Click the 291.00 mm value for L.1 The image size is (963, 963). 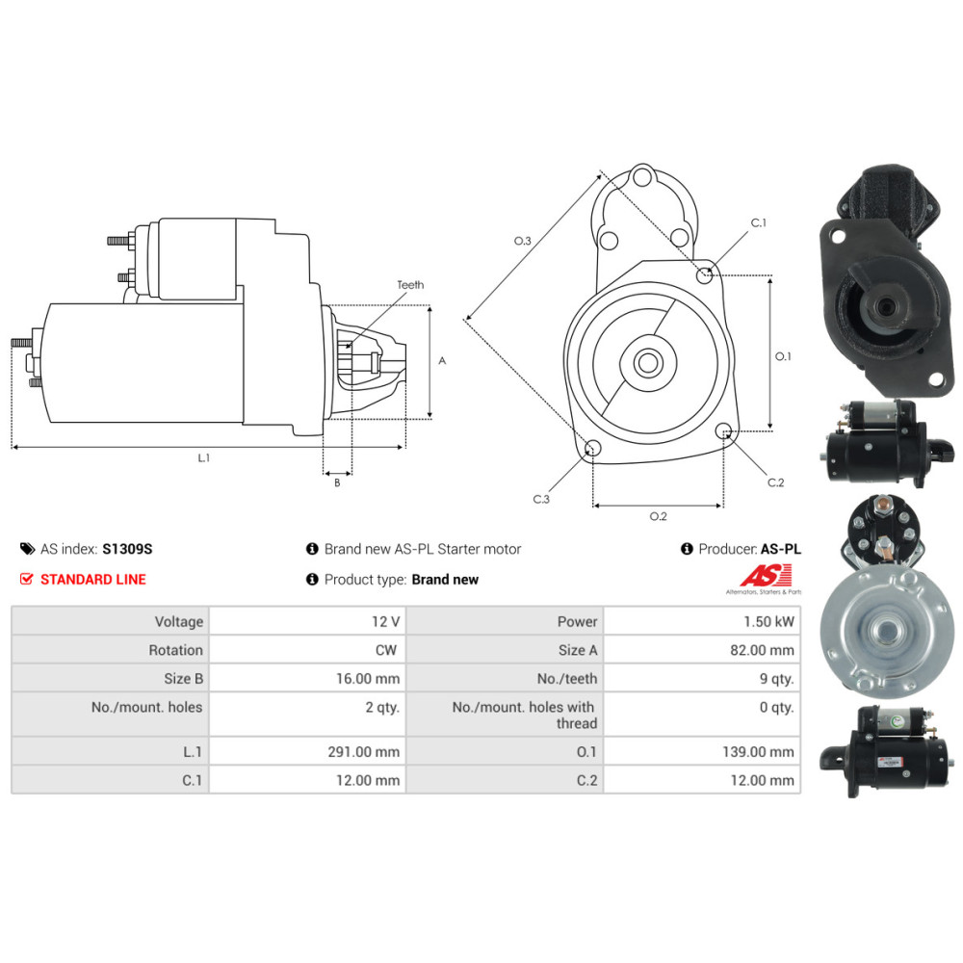[363, 752]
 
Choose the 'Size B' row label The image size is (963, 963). [176, 679]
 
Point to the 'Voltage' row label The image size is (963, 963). [178, 622]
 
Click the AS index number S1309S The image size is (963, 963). [127, 549]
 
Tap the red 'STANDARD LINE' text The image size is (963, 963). [93, 580]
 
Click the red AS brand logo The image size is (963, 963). [766, 576]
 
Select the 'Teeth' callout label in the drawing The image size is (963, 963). [409, 285]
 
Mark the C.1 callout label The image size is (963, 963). [759, 223]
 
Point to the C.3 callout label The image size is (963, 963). [541, 499]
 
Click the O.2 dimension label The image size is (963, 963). [658, 517]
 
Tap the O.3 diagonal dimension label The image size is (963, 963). [523, 241]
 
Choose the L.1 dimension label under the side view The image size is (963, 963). [204, 458]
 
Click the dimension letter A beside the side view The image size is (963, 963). [442, 361]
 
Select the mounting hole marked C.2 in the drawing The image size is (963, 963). [724, 432]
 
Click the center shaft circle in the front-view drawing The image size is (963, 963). [646, 363]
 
